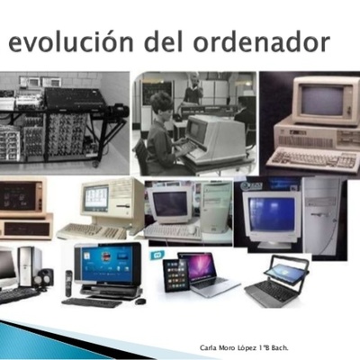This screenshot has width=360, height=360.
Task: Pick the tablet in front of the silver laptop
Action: (x=175, y=275)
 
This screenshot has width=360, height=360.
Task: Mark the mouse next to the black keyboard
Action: (x=139, y=301)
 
